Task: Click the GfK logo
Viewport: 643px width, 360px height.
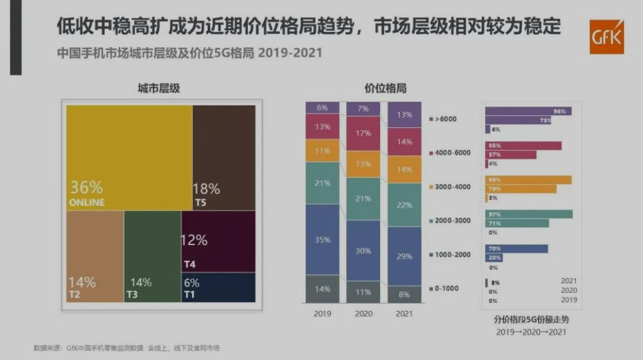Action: pyautogui.click(x=606, y=37)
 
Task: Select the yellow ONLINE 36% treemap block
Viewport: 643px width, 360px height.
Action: pyautogui.click(x=128, y=157)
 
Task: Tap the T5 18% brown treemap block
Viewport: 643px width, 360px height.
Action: pyautogui.click(x=223, y=157)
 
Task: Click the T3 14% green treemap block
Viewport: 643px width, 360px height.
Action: pyautogui.click(x=152, y=256)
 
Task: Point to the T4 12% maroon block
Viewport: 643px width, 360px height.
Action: pyautogui.click(x=218, y=241)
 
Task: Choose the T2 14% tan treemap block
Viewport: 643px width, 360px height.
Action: pyautogui.click(x=94, y=256)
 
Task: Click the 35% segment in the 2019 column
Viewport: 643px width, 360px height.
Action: pyautogui.click(x=322, y=240)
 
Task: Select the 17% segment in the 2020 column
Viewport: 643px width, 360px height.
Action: pyautogui.click(x=363, y=133)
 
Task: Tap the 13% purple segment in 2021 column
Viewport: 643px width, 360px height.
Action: pyautogui.click(x=404, y=114)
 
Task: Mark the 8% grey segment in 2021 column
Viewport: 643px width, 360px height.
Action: pyautogui.click(x=404, y=295)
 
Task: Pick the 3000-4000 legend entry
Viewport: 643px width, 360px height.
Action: pyautogui.click(x=449, y=186)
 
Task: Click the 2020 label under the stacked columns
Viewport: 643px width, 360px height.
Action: pyautogui.click(x=363, y=314)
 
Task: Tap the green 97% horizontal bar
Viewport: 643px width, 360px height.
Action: pyautogui.click(x=528, y=214)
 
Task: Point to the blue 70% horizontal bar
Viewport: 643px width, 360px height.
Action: pyautogui.click(x=516, y=248)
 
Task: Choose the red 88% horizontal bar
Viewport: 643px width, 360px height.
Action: pyautogui.click(x=523, y=146)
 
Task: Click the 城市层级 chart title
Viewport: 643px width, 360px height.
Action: pyautogui.click(x=159, y=89)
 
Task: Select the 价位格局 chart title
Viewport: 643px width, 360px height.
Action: pyautogui.click(x=386, y=89)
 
